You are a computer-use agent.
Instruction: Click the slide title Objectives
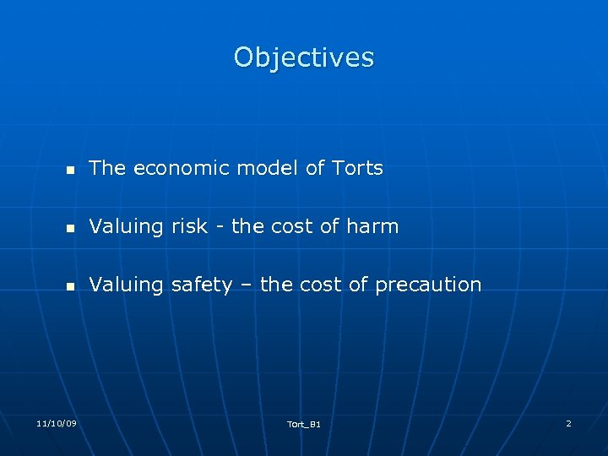[x=304, y=57]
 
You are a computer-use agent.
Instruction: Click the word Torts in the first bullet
[x=357, y=168]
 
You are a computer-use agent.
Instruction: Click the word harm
[x=375, y=226]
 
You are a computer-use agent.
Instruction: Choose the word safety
[x=201, y=285]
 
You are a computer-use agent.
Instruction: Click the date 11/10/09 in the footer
[x=57, y=422]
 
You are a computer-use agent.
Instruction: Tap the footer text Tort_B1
[x=304, y=424]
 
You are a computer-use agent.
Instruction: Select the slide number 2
[x=568, y=422]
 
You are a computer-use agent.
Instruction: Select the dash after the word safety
[x=246, y=285]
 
